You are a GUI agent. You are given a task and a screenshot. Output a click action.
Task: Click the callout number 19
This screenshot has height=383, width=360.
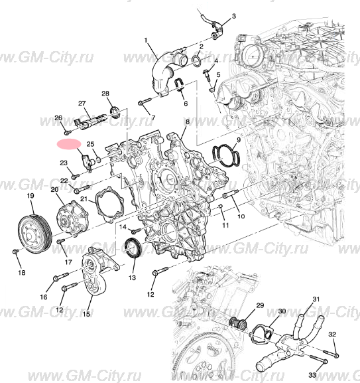tap(30, 196)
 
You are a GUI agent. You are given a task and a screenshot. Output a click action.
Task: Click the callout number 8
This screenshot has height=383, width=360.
tap(188, 122)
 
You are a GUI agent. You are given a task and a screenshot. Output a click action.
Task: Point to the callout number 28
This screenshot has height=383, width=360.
tap(105, 94)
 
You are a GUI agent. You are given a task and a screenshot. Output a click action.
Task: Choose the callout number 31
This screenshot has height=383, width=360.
tap(316, 300)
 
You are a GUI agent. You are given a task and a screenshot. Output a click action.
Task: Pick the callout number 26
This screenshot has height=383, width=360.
tap(58, 117)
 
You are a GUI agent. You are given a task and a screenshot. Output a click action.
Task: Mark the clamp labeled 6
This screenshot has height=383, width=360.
tap(179, 85)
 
